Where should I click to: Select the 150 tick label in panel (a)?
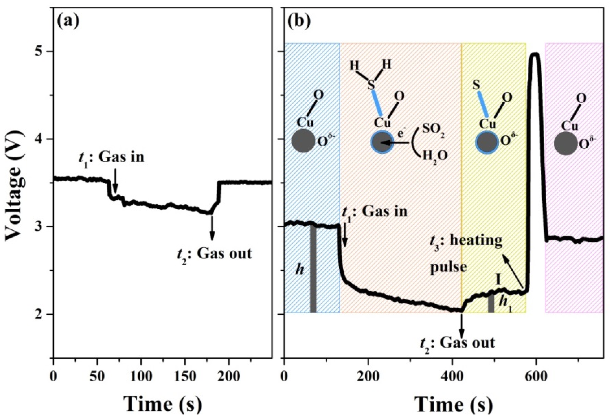[x=185, y=377]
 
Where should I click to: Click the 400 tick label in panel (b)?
[x=452, y=377]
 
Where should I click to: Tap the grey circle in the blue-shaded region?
[x=303, y=141]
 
